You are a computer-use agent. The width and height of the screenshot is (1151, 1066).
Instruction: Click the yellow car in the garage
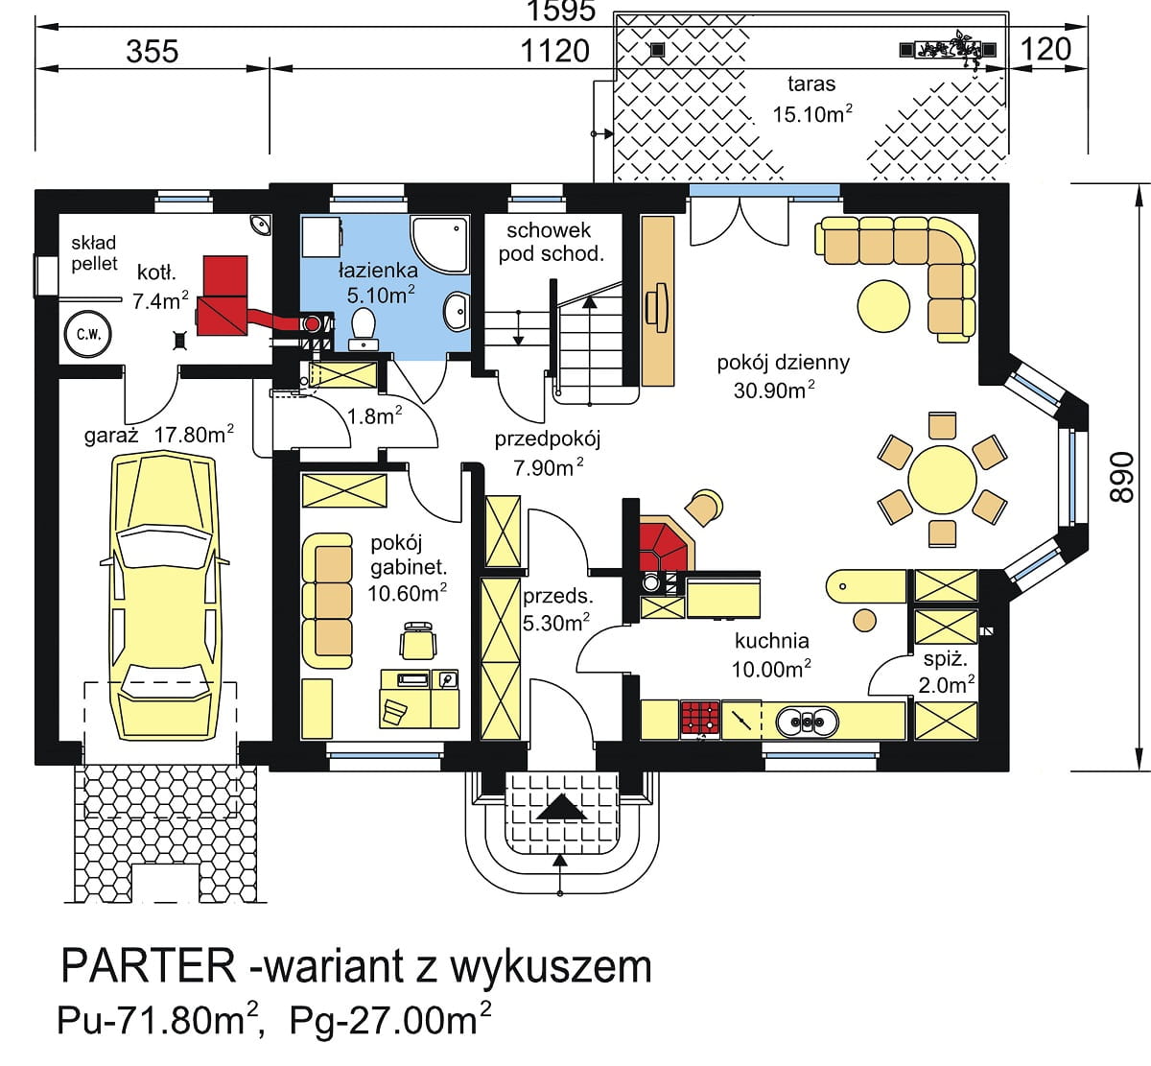[165, 597]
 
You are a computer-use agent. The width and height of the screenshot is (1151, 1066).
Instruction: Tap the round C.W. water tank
[87, 335]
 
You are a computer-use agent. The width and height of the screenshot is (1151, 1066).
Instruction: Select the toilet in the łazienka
[364, 329]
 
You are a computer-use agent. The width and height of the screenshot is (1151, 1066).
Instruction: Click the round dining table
[942, 480]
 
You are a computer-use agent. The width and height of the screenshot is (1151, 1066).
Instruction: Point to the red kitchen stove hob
[701, 720]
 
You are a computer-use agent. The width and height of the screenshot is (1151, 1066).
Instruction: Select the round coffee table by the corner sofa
[883, 306]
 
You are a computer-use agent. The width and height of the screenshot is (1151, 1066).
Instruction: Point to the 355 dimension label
[153, 51]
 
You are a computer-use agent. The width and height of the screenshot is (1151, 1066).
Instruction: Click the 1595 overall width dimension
[560, 11]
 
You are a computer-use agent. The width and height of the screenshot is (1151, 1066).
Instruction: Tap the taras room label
[810, 84]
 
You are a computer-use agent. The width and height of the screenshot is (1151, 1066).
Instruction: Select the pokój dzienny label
[783, 363]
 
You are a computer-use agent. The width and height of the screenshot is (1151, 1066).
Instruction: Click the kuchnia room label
[771, 641]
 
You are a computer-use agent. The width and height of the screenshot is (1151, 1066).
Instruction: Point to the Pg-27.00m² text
[390, 1020]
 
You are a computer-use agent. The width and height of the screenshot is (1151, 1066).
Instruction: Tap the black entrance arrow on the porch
[560, 807]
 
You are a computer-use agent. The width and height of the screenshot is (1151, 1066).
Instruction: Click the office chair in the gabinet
[418, 640]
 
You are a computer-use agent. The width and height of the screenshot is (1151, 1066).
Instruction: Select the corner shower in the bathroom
[438, 244]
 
